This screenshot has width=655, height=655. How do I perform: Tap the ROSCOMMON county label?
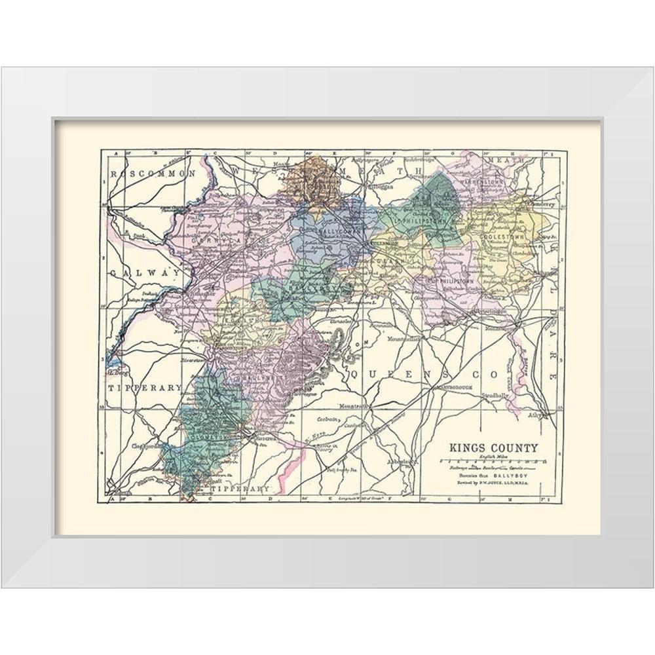pyautogui.click(x=153, y=174)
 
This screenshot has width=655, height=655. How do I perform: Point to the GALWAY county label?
pyautogui.click(x=145, y=272)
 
